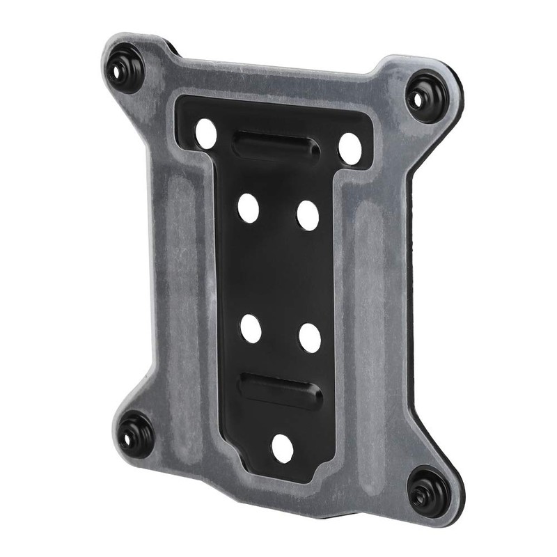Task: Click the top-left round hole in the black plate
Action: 206,132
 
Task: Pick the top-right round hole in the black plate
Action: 350,148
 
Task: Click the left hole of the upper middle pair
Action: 248,207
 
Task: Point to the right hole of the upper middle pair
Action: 308,214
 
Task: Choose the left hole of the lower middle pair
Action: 251,328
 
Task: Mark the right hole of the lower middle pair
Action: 310,337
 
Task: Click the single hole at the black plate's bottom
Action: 282,448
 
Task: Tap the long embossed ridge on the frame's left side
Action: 182,278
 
